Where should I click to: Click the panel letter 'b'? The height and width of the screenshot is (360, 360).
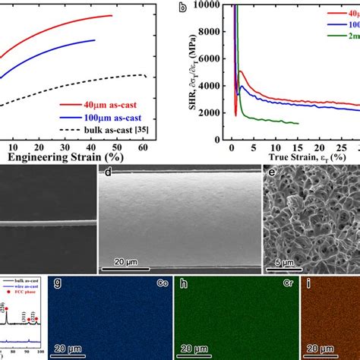(182, 9)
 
